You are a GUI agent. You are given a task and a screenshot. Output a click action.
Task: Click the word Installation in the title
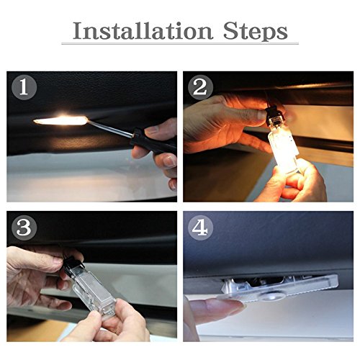point(143,31)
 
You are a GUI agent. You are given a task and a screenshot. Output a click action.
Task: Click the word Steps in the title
point(256,32)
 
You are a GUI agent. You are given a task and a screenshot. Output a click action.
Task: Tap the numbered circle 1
point(24,87)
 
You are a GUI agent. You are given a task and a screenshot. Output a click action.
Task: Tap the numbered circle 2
point(200,87)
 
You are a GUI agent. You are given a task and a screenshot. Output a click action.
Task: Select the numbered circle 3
point(24,228)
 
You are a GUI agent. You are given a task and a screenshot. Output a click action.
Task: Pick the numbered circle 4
point(200,228)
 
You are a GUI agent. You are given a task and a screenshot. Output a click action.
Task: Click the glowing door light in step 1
point(61,120)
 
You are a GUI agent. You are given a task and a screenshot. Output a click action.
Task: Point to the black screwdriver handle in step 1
point(153,143)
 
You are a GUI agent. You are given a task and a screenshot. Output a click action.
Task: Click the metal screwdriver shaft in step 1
point(110,128)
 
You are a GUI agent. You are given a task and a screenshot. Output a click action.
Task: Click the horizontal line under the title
point(180,43)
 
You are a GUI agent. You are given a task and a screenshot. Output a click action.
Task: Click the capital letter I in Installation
point(78,31)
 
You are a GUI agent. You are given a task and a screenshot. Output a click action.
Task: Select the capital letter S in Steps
point(231,31)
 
